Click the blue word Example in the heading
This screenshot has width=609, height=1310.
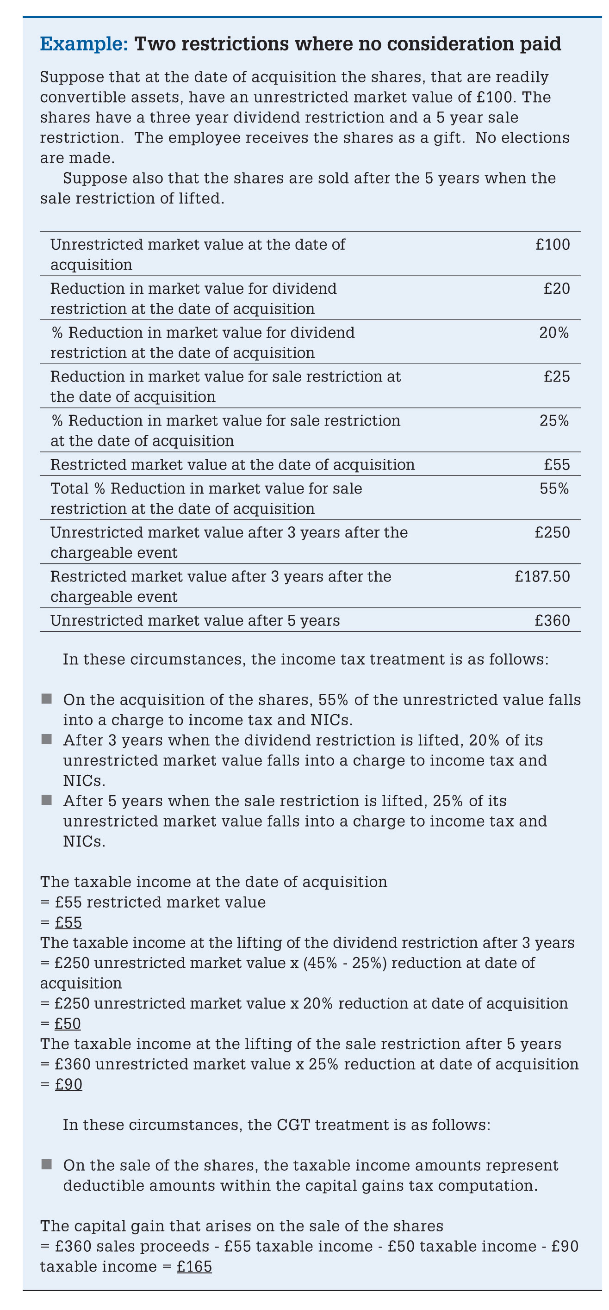[83, 44]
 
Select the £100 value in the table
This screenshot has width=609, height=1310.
[553, 245]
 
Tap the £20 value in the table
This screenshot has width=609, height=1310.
[557, 289]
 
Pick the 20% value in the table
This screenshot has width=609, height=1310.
[554, 333]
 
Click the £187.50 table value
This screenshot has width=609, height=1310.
[542, 577]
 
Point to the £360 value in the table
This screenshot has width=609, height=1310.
[553, 620]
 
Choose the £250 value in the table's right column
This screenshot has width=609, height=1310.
[553, 532]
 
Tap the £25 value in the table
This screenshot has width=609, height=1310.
[557, 377]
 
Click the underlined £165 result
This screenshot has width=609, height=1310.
[194, 1266]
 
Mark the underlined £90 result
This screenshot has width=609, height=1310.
[68, 1085]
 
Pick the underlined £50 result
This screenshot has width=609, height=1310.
[68, 1024]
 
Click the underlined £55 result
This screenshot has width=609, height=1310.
[68, 922]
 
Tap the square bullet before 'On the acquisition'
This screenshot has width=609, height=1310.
[47, 699]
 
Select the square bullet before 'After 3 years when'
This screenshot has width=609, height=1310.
[47, 740]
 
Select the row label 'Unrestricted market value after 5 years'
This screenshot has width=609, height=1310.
[195, 620]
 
